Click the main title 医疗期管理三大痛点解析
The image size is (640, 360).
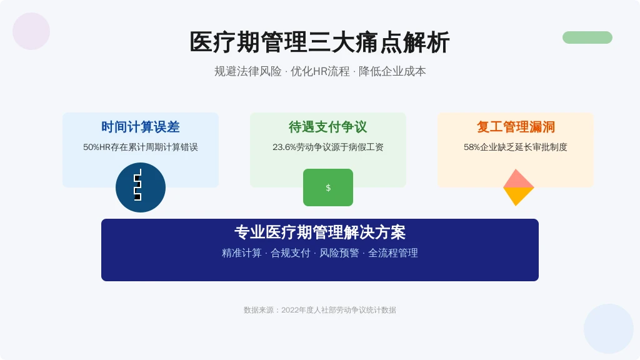tap(319, 42)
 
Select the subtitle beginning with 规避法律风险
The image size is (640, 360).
tap(320, 71)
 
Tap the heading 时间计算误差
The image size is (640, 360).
tap(141, 127)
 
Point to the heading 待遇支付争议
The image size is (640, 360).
tap(327, 127)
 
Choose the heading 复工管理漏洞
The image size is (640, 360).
tap(516, 127)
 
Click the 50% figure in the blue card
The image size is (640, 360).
tap(91, 147)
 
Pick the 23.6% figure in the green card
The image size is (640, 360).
tap(284, 147)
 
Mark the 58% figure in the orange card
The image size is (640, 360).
tap(472, 147)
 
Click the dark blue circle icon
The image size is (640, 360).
tap(141, 187)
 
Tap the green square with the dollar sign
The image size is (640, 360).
tap(328, 187)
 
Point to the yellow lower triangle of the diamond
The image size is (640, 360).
tap(517, 195)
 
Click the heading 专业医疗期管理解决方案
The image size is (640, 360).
tap(320, 232)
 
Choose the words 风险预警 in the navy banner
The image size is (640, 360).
tap(339, 253)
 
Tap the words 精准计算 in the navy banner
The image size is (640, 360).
tap(242, 253)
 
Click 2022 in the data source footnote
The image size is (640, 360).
tap(290, 310)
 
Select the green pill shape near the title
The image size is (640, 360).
tap(587, 37)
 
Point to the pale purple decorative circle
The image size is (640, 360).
tap(31, 31)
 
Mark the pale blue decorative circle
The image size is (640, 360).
tap(609, 329)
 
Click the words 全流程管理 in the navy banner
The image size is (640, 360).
tap(393, 253)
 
